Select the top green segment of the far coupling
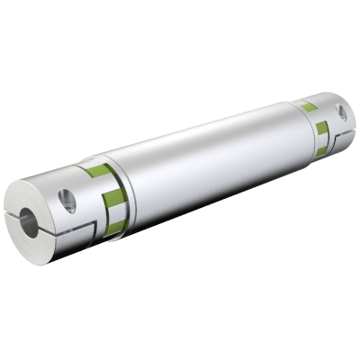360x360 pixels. (309, 107)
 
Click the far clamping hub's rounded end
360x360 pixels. (347, 126)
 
